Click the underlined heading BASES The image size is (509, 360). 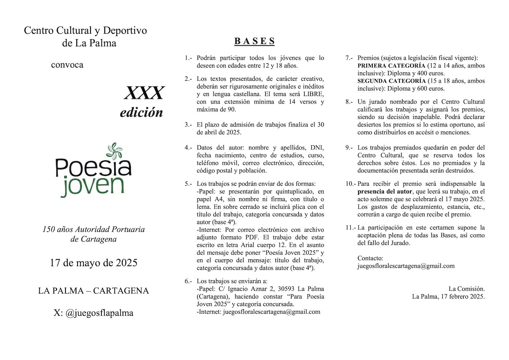(254, 41)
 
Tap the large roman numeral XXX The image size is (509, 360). (144, 93)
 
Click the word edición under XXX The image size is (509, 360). (141, 112)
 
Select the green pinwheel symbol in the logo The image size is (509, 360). (115, 151)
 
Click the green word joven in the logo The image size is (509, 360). (92, 185)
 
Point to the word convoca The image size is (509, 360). (67, 65)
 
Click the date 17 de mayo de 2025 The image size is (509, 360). (93, 263)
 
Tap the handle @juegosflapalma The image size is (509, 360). (99, 313)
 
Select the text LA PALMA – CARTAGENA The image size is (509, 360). (93, 291)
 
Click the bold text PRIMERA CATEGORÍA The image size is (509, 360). (391, 66)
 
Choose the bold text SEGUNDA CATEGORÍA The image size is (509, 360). (392, 81)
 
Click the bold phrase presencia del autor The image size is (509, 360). (385, 192)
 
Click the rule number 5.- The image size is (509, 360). (188, 184)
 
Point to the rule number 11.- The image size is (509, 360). (350, 228)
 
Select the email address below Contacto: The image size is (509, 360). (406, 266)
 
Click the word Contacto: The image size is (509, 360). (370, 258)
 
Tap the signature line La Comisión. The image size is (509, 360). (466, 289)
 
